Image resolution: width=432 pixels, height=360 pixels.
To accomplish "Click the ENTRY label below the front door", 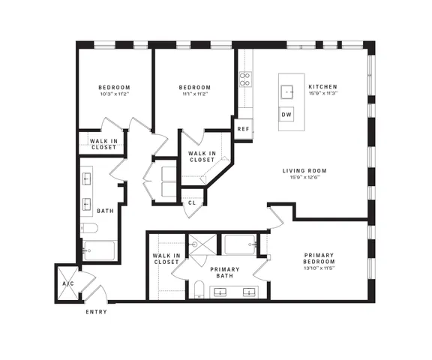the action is (x=96, y=312).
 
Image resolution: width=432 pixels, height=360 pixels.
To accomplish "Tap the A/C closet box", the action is (x=67, y=283).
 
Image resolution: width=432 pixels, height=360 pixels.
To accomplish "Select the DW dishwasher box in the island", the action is (x=286, y=114).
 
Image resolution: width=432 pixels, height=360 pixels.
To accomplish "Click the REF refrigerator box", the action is (x=243, y=129).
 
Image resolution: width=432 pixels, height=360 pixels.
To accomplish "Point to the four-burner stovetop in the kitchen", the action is (x=245, y=79).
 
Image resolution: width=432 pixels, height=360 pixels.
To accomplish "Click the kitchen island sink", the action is (x=286, y=92).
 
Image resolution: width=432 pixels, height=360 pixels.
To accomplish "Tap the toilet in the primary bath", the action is (x=199, y=289).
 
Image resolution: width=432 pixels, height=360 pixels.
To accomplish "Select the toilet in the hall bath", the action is (x=89, y=228).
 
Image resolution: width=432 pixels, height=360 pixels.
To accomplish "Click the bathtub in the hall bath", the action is (x=99, y=250).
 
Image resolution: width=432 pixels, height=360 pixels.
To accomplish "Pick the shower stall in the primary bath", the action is (x=202, y=244).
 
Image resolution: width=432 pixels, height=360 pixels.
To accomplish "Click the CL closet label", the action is (x=192, y=202).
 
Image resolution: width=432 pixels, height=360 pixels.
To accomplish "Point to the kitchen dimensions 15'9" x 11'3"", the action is (x=323, y=93).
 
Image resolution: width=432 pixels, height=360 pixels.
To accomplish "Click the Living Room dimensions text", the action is (x=304, y=177).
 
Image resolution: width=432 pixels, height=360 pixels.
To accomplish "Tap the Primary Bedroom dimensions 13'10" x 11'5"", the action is (x=319, y=268).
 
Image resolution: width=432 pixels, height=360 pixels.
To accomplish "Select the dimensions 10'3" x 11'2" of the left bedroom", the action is (x=115, y=94).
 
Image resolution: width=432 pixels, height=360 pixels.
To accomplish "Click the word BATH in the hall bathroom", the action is (x=105, y=211).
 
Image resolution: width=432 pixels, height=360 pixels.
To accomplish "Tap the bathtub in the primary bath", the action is (x=240, y=244).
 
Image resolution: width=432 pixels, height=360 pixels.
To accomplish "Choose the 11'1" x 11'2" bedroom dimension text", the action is (x=194, y=94).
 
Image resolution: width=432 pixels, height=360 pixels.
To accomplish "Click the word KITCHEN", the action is (x=323, y=87).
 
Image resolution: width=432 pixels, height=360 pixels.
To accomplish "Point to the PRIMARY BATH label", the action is (x=224, y=272).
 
